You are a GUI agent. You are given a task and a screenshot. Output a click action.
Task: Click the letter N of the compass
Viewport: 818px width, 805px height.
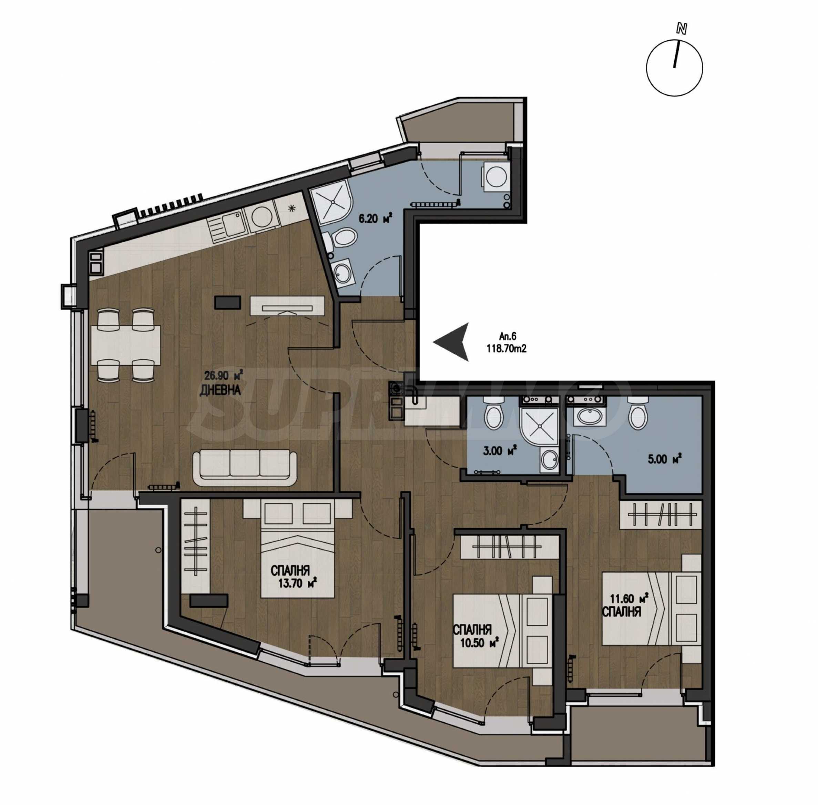pyautogui.click(x=681, y=29)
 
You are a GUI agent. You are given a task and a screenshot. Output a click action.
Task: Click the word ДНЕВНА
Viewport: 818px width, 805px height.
pyautogui.click(x=220, y=390)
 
